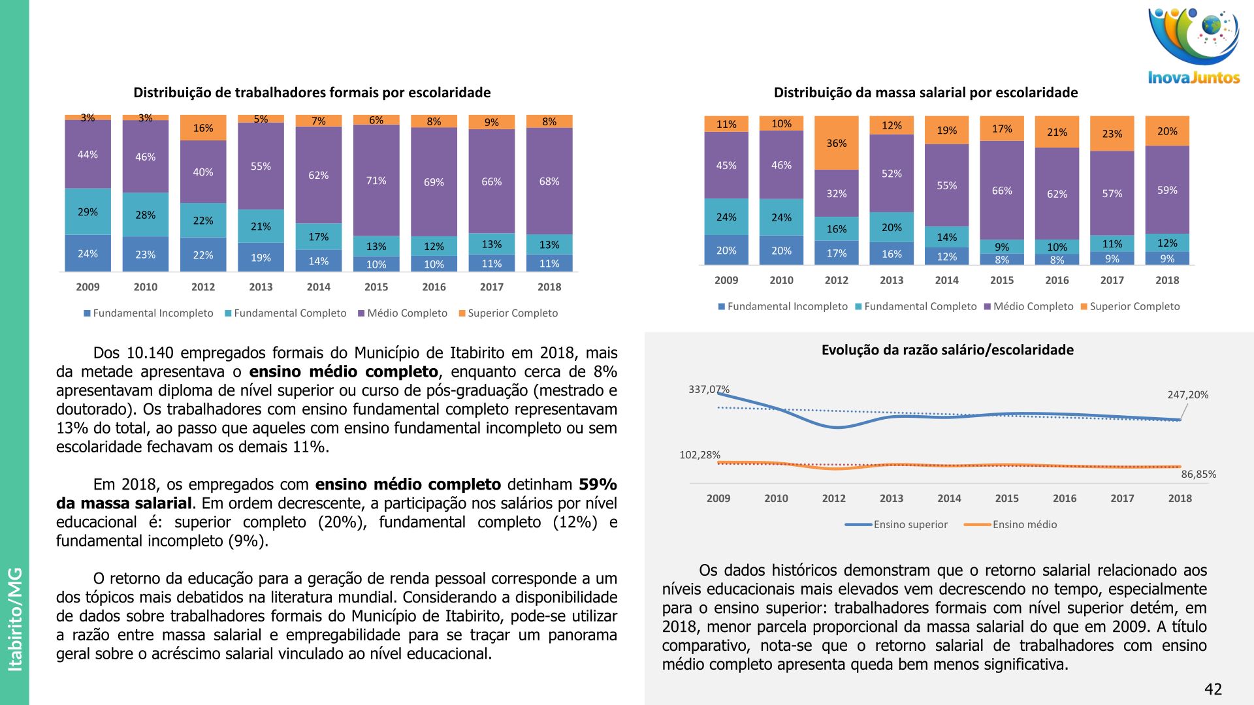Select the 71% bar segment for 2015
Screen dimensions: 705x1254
(376, 180)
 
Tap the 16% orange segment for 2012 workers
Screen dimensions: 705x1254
(203, 128)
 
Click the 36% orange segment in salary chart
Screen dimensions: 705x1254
(837, 143)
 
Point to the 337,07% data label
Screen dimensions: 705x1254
(709, 390)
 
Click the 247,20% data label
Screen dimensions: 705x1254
(1188, 395)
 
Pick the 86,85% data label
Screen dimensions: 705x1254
(1198, 475)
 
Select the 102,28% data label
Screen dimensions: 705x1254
(700, 455)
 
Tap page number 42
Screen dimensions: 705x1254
(1213, 689)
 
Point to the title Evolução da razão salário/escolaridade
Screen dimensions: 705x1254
(947, 350)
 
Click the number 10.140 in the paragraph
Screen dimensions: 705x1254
(150, 353)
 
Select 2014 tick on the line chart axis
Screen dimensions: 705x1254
(949, 498)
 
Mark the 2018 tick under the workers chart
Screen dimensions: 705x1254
(549, 287)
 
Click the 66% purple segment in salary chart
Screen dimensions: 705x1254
(1002, 191)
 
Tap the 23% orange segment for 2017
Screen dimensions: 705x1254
(1112, 134)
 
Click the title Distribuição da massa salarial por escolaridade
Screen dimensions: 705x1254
(925, 93)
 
